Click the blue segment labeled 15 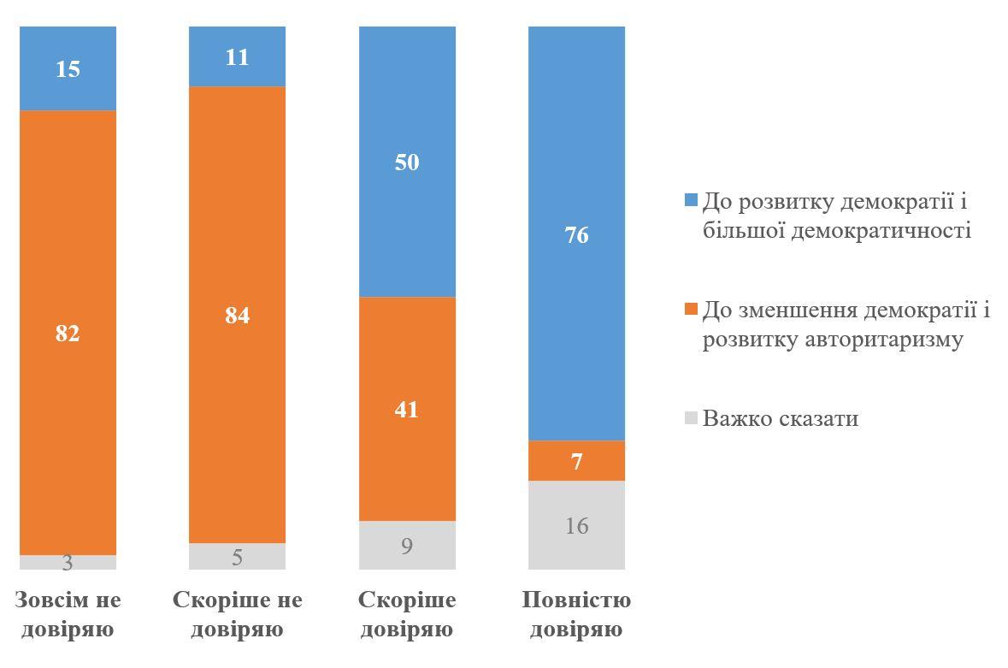[x=68, y=68]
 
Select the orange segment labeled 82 [x=68, y=332]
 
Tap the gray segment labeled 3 [x=68, y=562]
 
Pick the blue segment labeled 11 [x=237, y=56]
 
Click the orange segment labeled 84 [x=237, y=315]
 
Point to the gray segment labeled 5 [x=237, y=556]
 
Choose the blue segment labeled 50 [x=407, y=162]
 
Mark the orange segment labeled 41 [x=407, y=409]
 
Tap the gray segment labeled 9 [x=407, y=545]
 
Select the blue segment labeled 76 [x=576, y=234]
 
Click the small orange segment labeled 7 [x=576, y=461]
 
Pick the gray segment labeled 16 [x=576, y=524]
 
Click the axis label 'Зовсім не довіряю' [x=68, y=615]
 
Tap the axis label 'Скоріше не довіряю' [x=237, y=615]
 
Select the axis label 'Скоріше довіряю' [x=407, y=615]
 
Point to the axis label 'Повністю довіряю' [x=576, y=615]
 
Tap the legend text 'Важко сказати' [x=780, y=418]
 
